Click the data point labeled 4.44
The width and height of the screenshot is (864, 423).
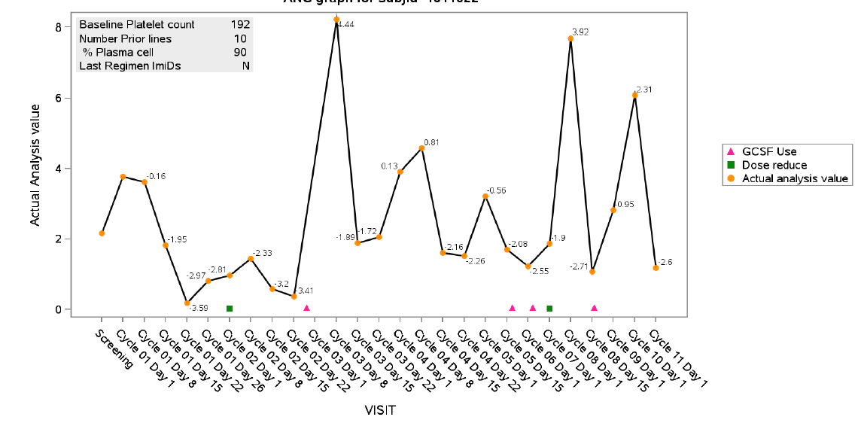point(336,20)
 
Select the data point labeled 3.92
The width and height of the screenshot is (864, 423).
point(570,38)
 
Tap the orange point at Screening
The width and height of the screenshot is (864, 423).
point(102,233)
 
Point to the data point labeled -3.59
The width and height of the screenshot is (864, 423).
point(187,303)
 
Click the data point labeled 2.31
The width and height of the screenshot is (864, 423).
point(634,95)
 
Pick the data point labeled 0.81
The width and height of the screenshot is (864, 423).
point(421,148)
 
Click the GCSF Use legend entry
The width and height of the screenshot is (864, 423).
point(768,151)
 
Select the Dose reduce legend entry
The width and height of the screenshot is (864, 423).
point(774,165)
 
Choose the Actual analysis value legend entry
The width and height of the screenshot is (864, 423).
point(795,178)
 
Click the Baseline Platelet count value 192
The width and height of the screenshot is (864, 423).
point(239,25)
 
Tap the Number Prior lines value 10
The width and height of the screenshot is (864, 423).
point(240,38)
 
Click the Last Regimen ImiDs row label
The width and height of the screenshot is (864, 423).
point(130,65)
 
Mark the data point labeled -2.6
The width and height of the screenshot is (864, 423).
point(656,268)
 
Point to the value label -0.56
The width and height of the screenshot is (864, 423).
point(495,190)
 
